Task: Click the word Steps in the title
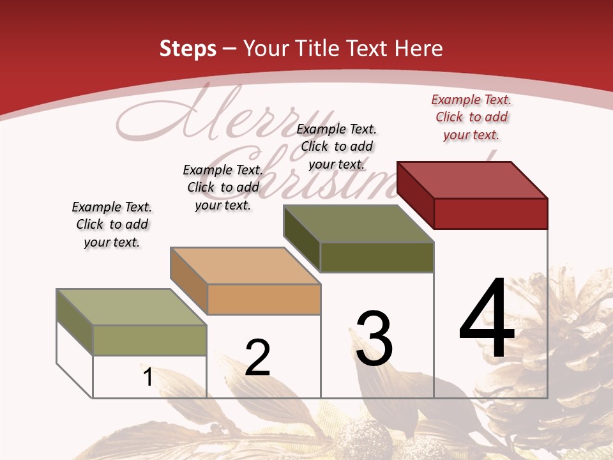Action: (x=188, y=49)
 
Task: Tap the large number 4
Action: (x=487, y=319)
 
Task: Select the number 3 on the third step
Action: (x=374, y=339)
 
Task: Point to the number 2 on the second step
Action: (x=257, y=358)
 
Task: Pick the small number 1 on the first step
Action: (x=148, y=377)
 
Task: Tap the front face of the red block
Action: (x=490, y=213)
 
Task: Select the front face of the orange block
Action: (x=264, y=299)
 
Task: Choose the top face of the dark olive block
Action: (x=359, y=224)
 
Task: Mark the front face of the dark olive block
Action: (x=377, y=257)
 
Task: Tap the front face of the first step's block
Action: (x=149, y=340)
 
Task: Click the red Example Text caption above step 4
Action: (x=471, y=117)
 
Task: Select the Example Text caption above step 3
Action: (x=337, y=146)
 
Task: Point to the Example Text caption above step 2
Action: (x=223, y=187)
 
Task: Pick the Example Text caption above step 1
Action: (x=112, y=224)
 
